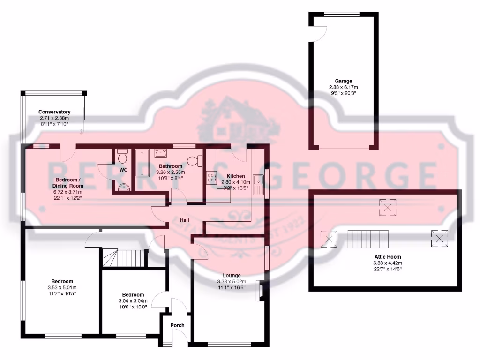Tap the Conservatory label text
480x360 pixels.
(54, 112)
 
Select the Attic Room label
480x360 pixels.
(387, 257)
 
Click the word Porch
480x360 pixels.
(177, 325)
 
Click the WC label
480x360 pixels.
(123, 170)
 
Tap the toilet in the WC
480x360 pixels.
(122, 155)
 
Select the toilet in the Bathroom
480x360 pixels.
(195, 161)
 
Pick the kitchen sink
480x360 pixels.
(258, 184)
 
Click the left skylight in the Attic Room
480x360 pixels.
(329, 239)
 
